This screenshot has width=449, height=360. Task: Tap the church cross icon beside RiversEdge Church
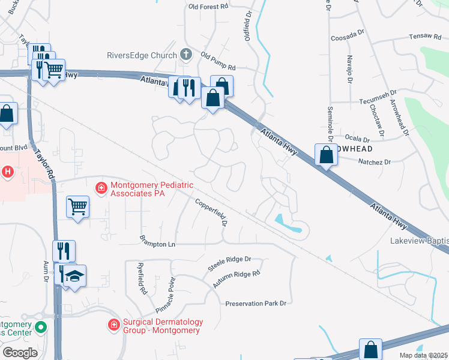185,55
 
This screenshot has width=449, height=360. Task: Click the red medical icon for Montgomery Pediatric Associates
101,188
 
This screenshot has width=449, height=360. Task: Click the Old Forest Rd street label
208,7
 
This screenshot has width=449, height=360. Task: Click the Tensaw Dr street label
408,37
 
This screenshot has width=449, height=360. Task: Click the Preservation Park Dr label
256,304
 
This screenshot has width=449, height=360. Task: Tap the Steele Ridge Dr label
229,263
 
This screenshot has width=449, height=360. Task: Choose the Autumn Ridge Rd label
240,277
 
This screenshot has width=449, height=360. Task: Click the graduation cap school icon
75,276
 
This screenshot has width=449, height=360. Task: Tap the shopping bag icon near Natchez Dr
325,154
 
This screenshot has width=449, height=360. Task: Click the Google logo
19,353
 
